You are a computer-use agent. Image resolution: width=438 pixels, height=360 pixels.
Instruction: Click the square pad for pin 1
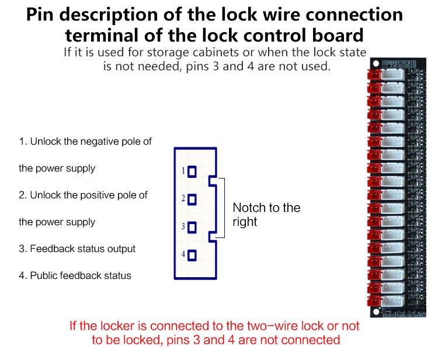192,172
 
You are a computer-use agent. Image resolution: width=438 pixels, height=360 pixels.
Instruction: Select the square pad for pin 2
192,200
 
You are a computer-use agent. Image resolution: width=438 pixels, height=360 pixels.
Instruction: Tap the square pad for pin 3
192,228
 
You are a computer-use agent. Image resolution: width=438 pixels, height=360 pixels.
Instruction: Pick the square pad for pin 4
192,256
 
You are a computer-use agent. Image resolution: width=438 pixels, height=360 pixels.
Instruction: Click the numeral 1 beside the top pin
183,170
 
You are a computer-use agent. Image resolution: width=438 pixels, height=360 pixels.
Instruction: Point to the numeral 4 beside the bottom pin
183,254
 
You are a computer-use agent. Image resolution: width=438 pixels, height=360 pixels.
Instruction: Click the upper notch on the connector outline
213,181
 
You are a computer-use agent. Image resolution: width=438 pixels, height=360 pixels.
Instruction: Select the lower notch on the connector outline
213,237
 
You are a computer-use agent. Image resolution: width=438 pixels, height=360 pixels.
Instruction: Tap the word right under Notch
245,222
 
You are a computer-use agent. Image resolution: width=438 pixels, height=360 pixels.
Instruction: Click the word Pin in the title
40,15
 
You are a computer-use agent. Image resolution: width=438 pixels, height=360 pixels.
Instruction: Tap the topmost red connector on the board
374,75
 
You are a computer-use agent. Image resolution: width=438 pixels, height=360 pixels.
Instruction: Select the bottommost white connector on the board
392,300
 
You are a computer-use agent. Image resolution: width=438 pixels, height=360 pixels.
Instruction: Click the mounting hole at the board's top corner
376,64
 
